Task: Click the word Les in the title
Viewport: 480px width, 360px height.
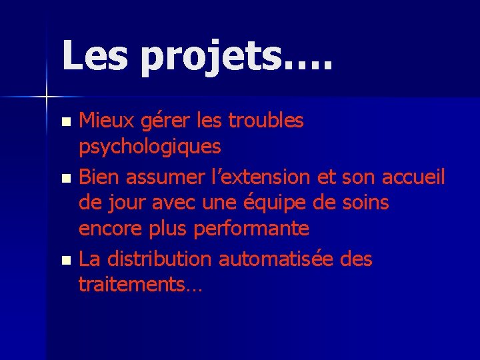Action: tap(95, 55)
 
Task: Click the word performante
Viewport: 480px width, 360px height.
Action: tap(251, 229)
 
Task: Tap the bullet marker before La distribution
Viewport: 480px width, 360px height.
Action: tap(65, 260)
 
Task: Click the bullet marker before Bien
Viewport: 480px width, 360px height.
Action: tap(65, 179)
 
